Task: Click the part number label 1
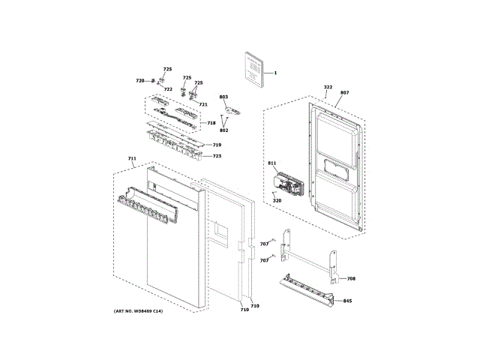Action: click(x=275, y=73)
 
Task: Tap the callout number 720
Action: click(x=139, y=81)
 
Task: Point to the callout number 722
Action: click(x=168, y=89)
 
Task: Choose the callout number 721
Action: click(x=203, y=104)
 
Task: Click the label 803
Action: click(x=223, y=97)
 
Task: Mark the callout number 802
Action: click(x=223, y=130)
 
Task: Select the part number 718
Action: click(x=211, y=123)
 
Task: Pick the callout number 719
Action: click(x=217, y=145)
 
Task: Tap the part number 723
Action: click(x=217, y=156)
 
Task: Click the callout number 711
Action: click(x=132, y=159)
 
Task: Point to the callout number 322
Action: click(x=328, y=87)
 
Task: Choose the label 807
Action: click(x=344, y=93)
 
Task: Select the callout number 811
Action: click(x=271, y=163)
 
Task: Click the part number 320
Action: click(x=277, y=200)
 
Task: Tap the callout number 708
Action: click(x=351, y=279)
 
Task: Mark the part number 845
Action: click(x=347, y=301)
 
